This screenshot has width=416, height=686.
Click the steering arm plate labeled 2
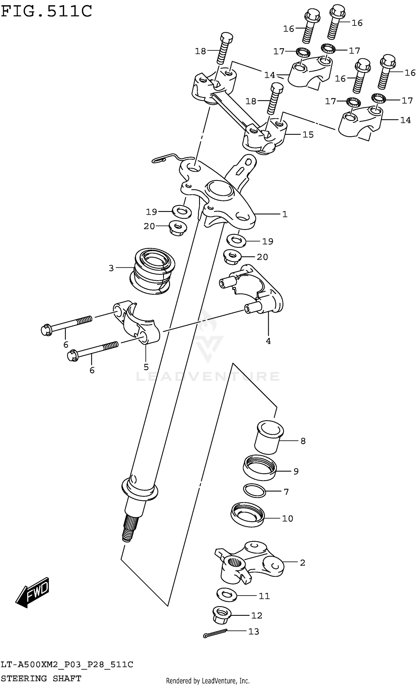pyautogui.click(x=250, y=563)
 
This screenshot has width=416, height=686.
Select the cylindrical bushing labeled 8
pyautogui.click(x=296, y=471)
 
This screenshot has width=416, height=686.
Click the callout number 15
pyautogui.click(x=308, y=135)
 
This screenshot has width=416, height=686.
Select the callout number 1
pyautogui.click(x=285, y=214)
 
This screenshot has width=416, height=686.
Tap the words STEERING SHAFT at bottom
pyautogui.click(x=41, y=679)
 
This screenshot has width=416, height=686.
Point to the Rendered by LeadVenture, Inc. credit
pyautogui.click(x=207, y=681)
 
